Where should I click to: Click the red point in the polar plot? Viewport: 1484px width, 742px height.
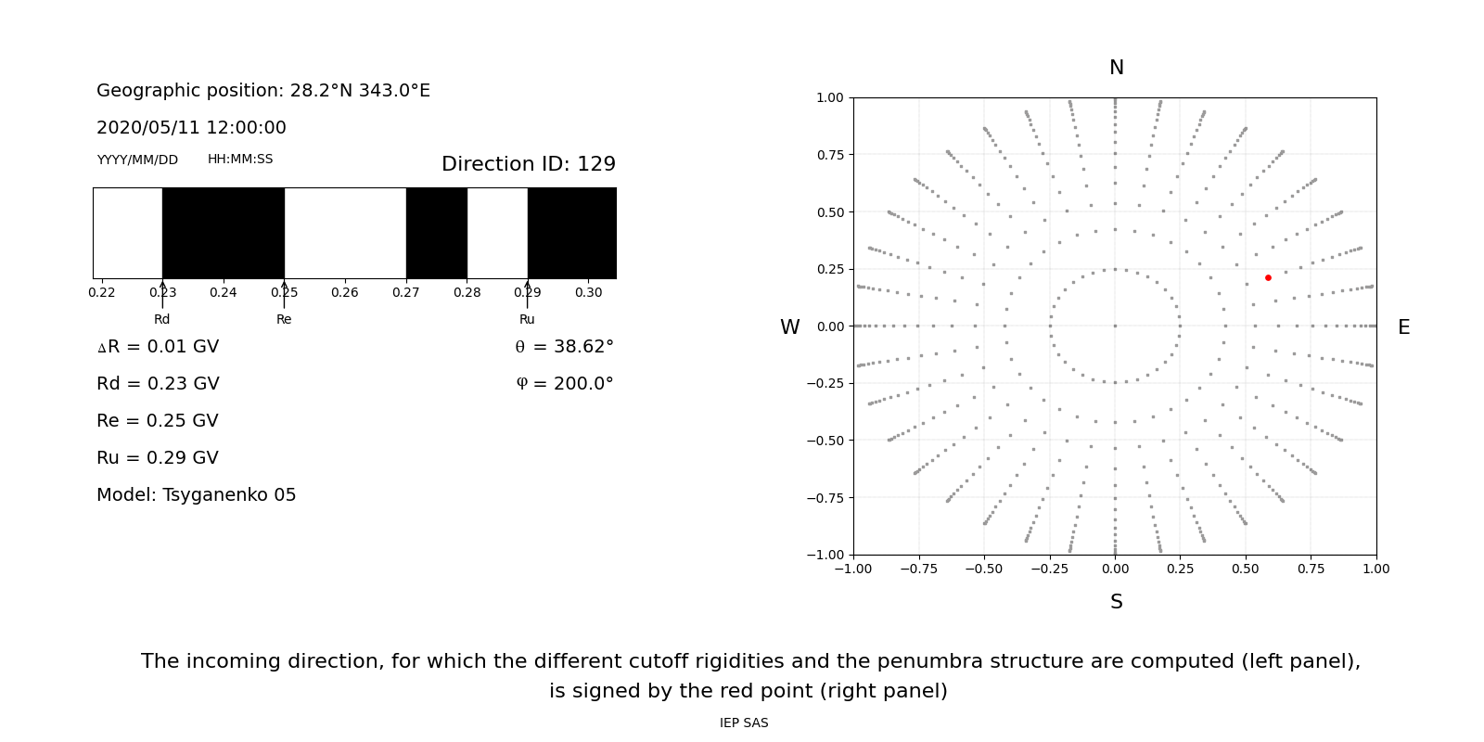pyautogui.click(x=1268, y=277)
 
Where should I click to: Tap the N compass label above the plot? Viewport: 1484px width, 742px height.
pyautogui.click(x=1116, y=68)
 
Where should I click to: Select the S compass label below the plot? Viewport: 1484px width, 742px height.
pyautogui.click(x=1116, y=602)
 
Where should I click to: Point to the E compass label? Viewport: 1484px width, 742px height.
pyautogui.click(x=1403, y=327)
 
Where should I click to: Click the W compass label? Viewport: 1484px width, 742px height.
pyautogui.click(x=789, y=327)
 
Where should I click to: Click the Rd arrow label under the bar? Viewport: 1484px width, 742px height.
pyautogui.click(x=162, y=319)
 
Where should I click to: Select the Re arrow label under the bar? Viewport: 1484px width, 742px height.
pyautogui.click(x=284, y=319)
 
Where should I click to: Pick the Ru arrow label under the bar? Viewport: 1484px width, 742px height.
pyautogui.click(x=527, y=319)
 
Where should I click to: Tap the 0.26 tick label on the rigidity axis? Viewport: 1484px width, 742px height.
pyautogui.click(x=345, y=292)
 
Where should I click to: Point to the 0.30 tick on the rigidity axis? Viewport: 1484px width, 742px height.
pyautogui.click(x=588, y=292)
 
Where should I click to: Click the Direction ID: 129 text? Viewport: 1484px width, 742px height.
pyautogui.click(x=528, y=164)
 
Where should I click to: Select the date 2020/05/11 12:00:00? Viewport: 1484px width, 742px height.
pyautogui.click(x=191, y=128)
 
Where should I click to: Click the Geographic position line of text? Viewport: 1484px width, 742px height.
pyautogui.click(x=263, y=91)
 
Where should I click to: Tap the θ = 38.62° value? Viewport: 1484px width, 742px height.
pyautogui.click(x=564, y=347)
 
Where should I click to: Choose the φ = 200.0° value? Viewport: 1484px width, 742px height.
pyautogui.click(x=564, y=384)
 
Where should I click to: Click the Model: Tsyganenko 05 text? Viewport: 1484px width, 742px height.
pyautogui.click(x=197, y=495)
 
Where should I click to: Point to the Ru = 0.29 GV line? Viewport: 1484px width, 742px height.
pyautogui.click(x=158, y=458)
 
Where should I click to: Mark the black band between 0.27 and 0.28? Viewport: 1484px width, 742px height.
pyautogui.click(x=436, y=233)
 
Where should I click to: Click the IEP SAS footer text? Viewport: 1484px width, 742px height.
pyautogui.click(x=744, y=723)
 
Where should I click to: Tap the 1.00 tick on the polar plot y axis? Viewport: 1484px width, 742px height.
pyautogui.click(x=829, y=97)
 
